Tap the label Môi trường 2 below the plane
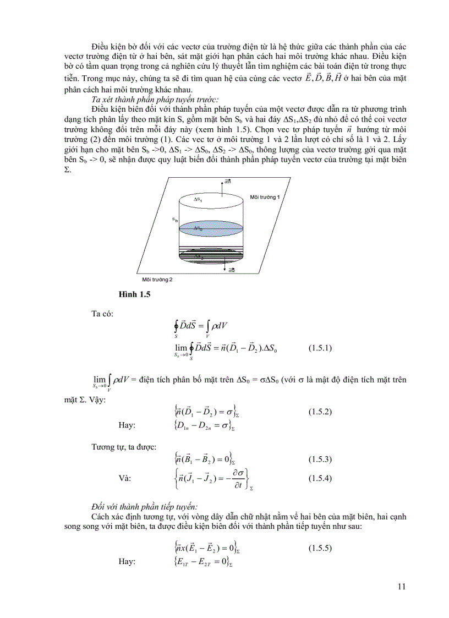[x=154, y=280]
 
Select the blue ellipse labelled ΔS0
[x=198, y=227]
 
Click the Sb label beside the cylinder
[x=174, y=219]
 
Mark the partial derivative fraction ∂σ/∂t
[x=238, y=478]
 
